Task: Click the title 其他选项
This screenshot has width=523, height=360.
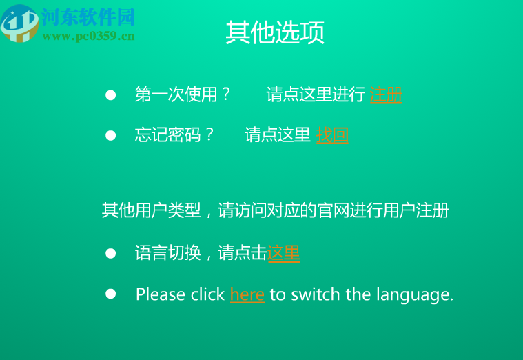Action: point(275,32)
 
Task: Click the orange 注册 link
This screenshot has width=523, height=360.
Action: point(386,94)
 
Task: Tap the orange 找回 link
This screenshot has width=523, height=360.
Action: point(332,135)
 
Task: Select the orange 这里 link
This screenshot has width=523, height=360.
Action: point(284,253)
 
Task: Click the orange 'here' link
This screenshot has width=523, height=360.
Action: point(247,295)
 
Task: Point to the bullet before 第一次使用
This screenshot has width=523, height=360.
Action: point(110,94)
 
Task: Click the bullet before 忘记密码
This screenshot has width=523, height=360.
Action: point(110,135)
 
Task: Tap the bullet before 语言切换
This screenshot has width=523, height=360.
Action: point(110,253)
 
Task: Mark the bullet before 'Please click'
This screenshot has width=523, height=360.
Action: point(110,294)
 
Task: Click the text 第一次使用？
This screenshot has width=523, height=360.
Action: point(183,94)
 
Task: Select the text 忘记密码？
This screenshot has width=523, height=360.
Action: point(175,135)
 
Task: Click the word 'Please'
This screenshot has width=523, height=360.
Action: point(161,295)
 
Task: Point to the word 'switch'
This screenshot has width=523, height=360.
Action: point(316,294)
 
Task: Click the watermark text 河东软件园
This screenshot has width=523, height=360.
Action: point(88,17)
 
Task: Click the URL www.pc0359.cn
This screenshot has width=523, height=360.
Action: point(88,36)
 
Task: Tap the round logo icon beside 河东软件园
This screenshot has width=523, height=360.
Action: point(19,23)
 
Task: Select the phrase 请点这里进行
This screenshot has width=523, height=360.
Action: point(316,94)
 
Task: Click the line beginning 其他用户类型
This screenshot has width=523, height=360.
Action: point(275,210)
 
